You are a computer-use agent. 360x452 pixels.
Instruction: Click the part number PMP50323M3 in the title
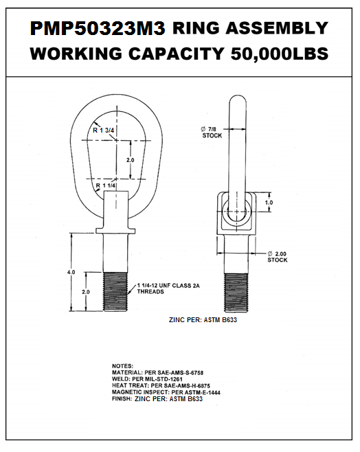tap(98, 28)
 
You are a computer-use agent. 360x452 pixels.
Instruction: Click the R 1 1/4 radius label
tap(106, 185)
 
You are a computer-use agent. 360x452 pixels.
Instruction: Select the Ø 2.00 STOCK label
tap(278, 257)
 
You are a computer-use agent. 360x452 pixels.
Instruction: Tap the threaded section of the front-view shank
tap(115, 293)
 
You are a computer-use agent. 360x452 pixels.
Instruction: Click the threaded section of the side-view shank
tap(236, 293)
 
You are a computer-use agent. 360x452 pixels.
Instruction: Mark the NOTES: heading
tap(124, 365)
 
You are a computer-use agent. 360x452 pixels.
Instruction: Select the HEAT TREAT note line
tap(161, 386)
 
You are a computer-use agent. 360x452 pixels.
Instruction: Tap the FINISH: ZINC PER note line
tap(157, 399)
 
